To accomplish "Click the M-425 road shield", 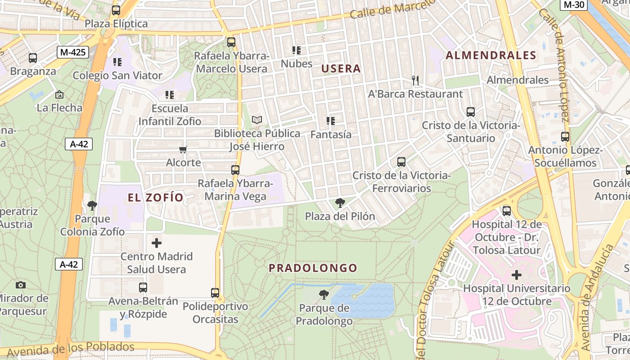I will click(73, 52).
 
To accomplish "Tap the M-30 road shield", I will click(574, 5).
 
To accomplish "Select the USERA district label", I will click(341, 69).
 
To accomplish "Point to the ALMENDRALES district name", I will click(491, 56).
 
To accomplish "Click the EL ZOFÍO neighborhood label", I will click(156, 198).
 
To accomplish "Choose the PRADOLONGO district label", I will click(313, 268).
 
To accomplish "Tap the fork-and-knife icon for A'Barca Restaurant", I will click(415, 81).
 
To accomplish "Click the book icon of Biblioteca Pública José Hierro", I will click(257, 120).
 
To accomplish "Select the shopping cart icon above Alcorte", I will click(183, 149).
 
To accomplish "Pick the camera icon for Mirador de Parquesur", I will click(20, 285).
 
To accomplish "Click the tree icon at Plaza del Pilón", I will click(340, 203).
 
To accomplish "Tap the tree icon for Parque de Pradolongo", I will click(324, 295).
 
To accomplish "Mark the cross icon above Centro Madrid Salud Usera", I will click(157, 243).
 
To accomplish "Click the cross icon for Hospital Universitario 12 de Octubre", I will click(517, 274).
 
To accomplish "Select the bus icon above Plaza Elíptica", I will click(116, 10).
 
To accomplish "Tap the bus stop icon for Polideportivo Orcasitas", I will click(215, 293).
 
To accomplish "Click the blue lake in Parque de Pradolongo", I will click(369, 299).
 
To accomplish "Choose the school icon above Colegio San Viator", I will click(117, 62).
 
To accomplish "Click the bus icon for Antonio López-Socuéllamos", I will click(565, 137).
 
